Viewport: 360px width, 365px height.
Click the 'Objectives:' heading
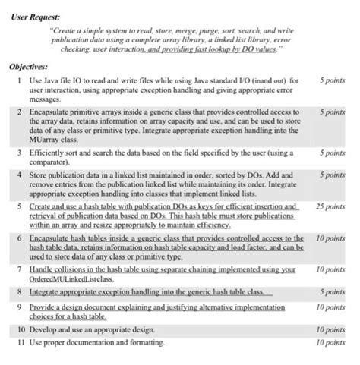point(27,66)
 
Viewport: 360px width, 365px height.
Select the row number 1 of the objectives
point(19,79)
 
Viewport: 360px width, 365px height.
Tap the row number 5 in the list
point(19,206)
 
